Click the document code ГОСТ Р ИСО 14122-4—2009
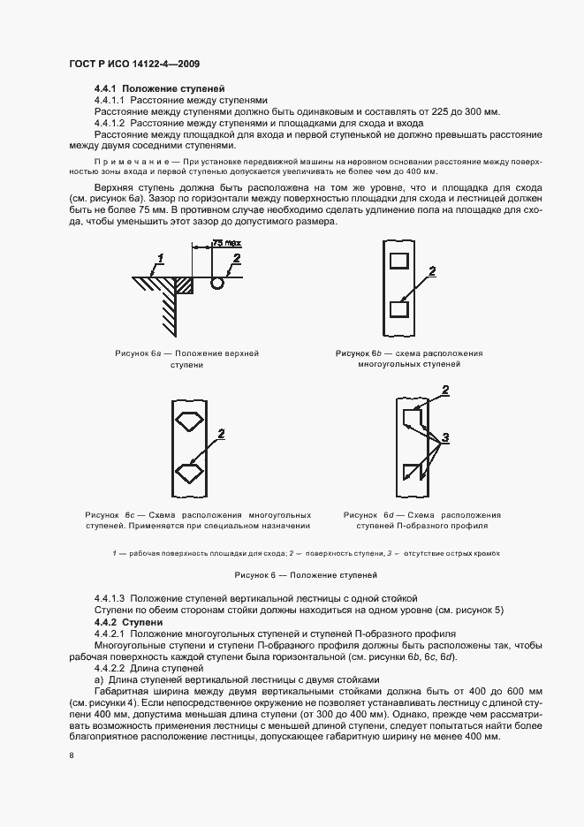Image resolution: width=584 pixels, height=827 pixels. pyautogui.click(x=140, y=65)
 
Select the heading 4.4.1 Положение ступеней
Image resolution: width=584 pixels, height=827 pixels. pyautogui.click(x=159, y=89)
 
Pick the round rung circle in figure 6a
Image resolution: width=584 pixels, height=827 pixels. pyautogui.click(x=217, y=284)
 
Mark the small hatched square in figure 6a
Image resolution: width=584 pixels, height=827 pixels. pyautogui.click(x=186, y=284)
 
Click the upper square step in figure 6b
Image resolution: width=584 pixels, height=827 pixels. pyautogui.click(x=398, y=260)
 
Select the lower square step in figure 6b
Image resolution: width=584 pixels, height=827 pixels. pyautogui.click(x=398, y=309)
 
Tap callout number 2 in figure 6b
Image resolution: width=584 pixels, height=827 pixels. pyautogui.click(x=432, y=271)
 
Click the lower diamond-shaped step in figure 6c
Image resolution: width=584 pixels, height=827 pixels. pyautogui.click(x=187, y=472)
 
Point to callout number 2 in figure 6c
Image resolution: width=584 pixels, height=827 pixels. pyautogui.click(x=221, y=434)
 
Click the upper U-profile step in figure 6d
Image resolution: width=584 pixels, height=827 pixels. pyautogui.click(x=412, y=416)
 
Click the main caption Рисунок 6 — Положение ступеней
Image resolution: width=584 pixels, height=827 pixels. pyautogui.click(x=292, y=575)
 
